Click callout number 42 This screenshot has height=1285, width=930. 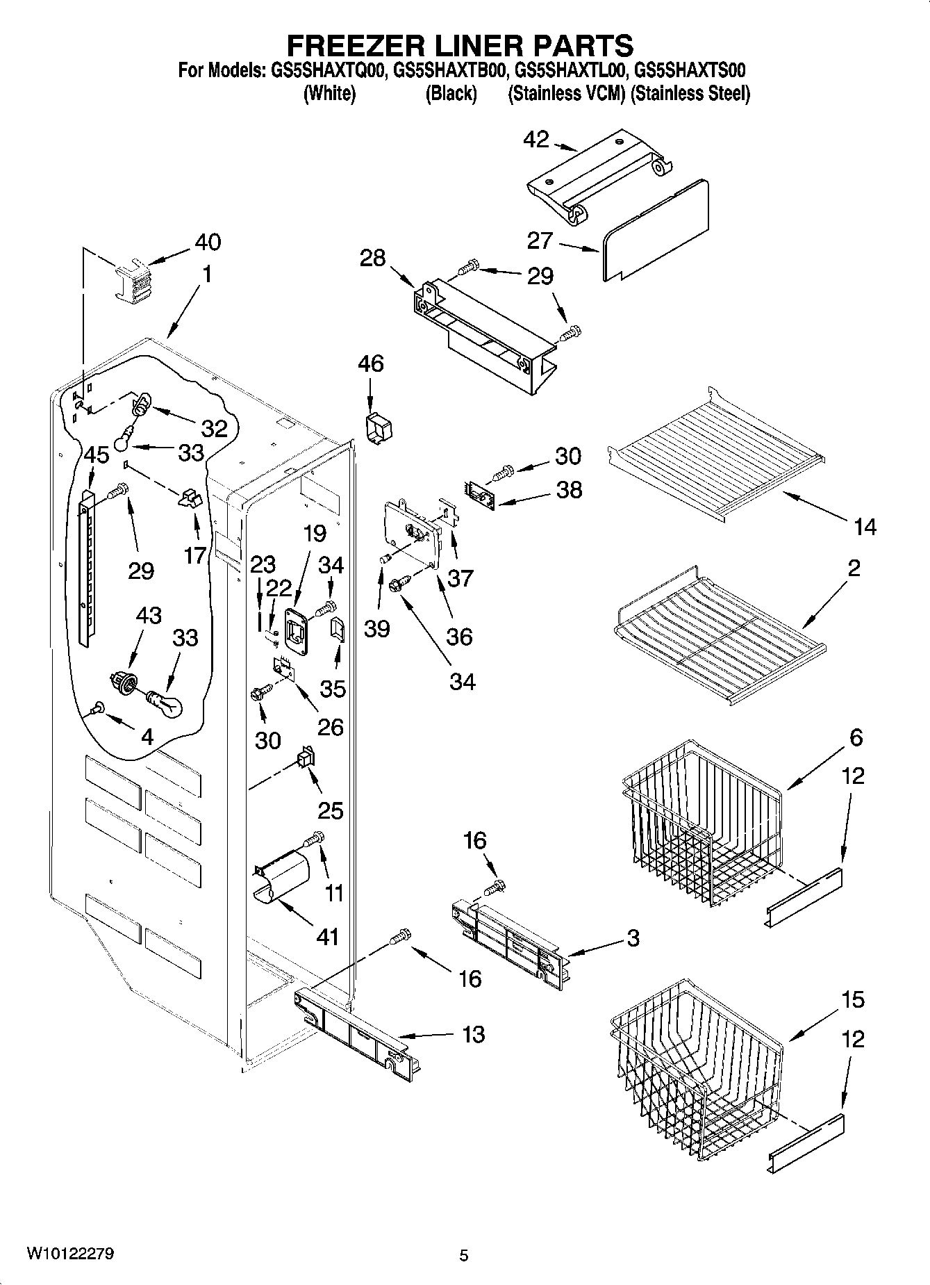[x=535, y=139]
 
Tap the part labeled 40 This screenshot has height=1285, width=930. [x=132, y=279]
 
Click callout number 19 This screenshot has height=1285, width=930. [x=315, y=533]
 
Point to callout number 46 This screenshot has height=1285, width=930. [x=371, y=363]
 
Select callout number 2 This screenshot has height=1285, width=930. [x=854, y=568]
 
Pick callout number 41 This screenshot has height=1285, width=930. [x=327, y=936]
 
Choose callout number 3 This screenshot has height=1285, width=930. [x=633, y=938]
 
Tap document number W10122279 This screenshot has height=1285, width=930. [x=71, y=1253]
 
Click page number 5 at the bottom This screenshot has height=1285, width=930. [x=464, y=1256]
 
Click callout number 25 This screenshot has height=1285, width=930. [x=331, y=810]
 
